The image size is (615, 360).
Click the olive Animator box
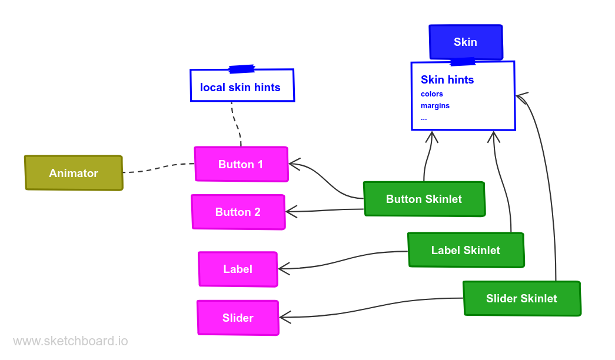point(74,173)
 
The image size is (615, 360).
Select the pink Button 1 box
point(241,164)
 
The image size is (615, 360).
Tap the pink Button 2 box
point(238,212)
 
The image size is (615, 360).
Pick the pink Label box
point(238,269)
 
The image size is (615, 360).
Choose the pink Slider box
point(238,318)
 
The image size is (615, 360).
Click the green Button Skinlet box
point(424,199)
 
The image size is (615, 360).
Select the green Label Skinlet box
point(466,250)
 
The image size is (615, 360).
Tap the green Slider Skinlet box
point(521,298)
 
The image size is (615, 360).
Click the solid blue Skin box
point(465,42)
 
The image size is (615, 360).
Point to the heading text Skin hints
point(447,79)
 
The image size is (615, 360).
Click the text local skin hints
point(240,88)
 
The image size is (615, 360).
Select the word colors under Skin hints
point(432,94)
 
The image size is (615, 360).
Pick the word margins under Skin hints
point(435,106)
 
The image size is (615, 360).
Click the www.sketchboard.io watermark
point(70,341)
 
